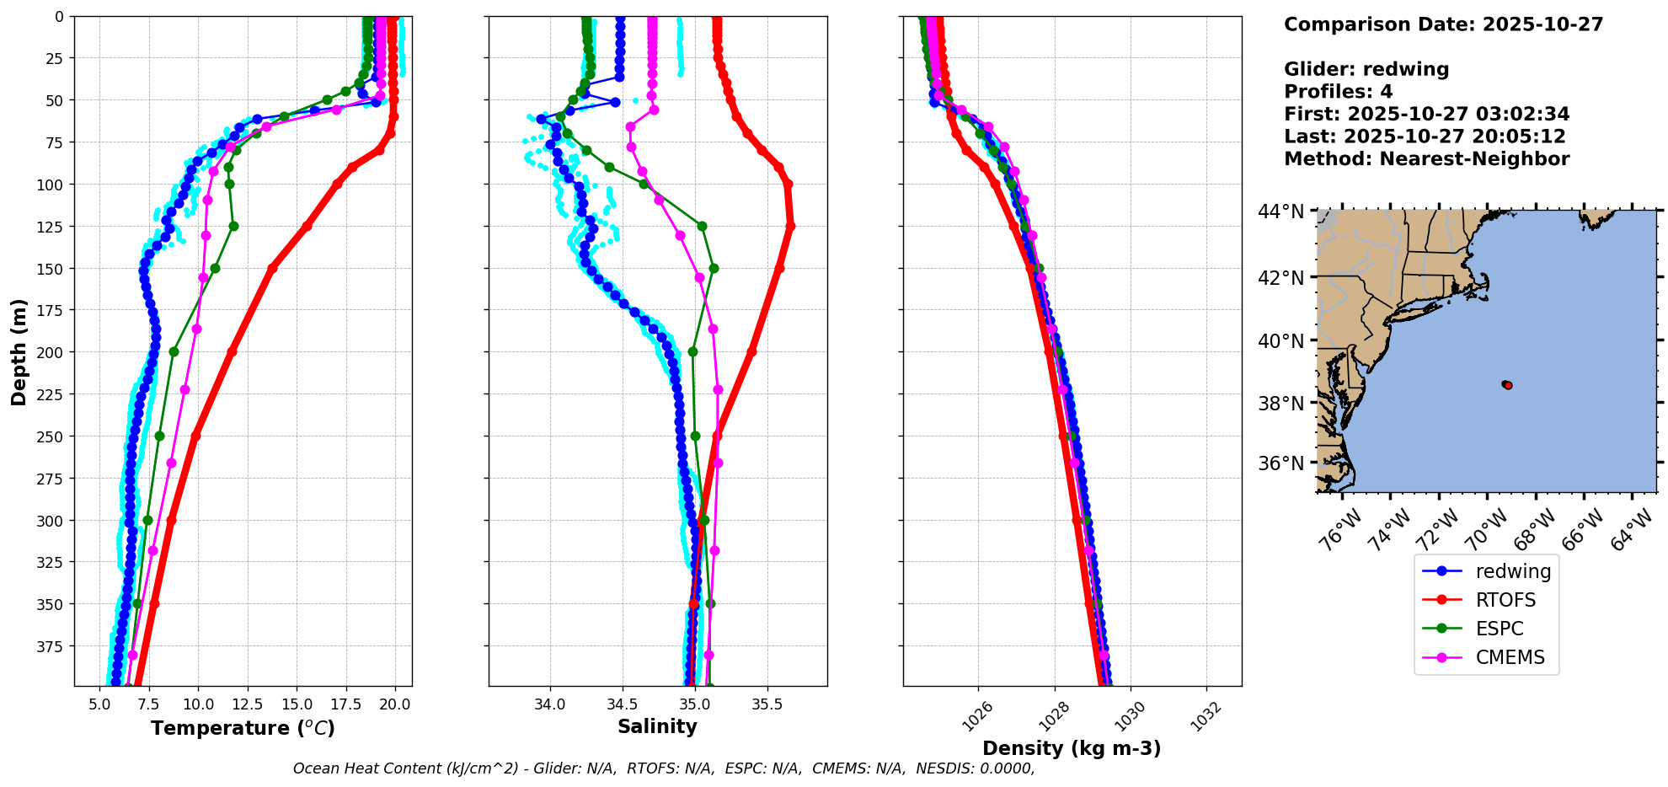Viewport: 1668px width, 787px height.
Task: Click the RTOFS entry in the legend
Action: tap(1505, 600)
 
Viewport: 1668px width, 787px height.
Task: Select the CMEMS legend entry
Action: tap(1510, 657)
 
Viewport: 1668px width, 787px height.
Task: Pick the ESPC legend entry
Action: tap(1500, 629)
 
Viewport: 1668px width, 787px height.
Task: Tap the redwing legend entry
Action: tap(1513, 571)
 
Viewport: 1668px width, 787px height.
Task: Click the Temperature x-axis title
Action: tap(243, 728)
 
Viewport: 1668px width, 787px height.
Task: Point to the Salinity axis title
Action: tap(657, 726)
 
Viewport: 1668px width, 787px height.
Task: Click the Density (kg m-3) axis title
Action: tap(1072, 748)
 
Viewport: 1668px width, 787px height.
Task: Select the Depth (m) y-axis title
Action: tap(19, 351)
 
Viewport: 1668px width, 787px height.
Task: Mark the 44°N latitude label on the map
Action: tap(1281, 211)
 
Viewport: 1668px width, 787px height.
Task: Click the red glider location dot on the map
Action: tap(1507, 385)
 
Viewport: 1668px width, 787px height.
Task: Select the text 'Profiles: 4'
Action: tap(1338, 92)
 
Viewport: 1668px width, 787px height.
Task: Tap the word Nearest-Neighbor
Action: tap(1474, 159)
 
